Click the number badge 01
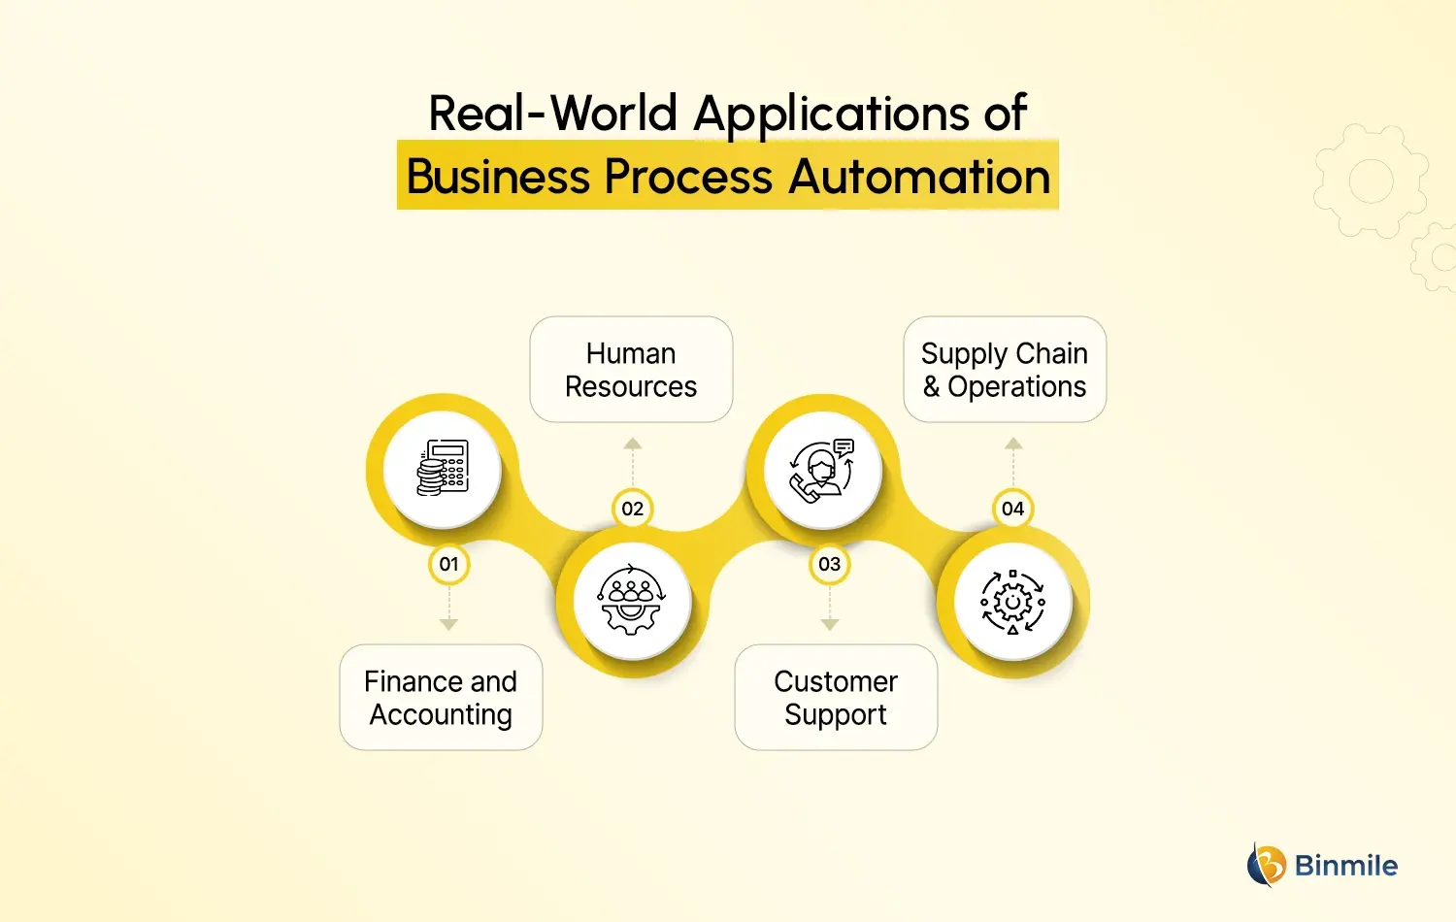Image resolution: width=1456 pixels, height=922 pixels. click(x=448, y=564)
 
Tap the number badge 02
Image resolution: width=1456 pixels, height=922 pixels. click(x=632, y=509)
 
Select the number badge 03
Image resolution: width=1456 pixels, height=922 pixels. click(x=829, y=564)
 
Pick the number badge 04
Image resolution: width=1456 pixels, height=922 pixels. click(x=1012, y=509)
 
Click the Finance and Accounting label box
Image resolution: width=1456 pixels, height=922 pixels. click(x=441, y=698)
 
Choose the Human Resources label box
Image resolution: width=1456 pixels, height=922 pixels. click(x=631, y=370)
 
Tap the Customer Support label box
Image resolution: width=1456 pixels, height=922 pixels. click(x=836, y=698)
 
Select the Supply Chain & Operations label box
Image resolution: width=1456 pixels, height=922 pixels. click(x=1005, y=370)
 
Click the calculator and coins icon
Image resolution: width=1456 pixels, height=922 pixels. click(x=443, y=469)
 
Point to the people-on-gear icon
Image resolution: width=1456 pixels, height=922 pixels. click(x=632, y=601)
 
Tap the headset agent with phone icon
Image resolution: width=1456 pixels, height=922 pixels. click(x=822, y=470)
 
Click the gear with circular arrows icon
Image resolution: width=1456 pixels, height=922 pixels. click(x=1012, y=602)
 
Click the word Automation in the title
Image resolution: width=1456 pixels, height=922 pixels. click(x=919, y=178)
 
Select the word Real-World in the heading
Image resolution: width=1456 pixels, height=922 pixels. click(x=552, y=114)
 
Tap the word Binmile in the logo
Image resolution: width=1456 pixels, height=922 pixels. click(x=1346, y=866)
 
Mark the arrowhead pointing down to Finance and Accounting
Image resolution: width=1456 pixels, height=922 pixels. click(x=448, y=625)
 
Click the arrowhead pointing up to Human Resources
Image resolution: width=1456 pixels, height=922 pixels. click(x=633, y=444)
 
